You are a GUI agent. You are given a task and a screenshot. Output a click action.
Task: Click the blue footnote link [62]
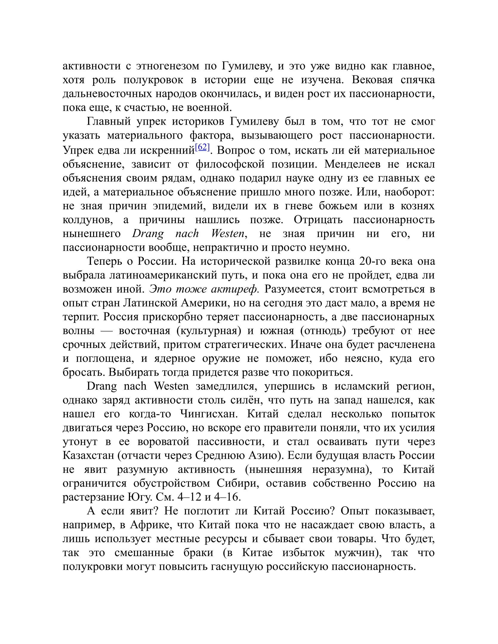[202, 148]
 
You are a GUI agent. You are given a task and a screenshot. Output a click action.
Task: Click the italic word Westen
[229, 233]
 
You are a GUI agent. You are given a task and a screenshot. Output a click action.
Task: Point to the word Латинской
[145, 303]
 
